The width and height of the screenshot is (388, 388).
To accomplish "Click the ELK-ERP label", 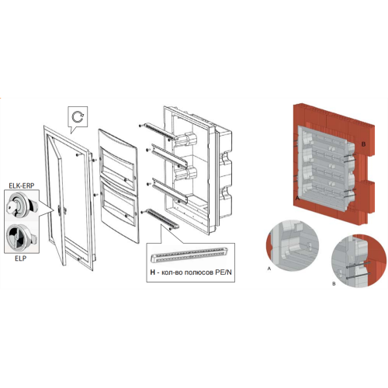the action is click(22, 185).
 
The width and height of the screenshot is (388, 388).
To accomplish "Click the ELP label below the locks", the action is click(21, 258).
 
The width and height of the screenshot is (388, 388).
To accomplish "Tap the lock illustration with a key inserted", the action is click(22, 206).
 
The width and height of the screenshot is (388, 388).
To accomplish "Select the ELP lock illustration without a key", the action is click(22, 236).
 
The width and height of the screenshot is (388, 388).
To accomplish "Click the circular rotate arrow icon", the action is click(78, 117).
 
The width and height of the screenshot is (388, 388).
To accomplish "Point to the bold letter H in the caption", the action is click(152, 272).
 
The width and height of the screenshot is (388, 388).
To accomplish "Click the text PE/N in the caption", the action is click(223, 272).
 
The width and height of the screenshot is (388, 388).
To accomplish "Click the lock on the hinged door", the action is click(60, 210).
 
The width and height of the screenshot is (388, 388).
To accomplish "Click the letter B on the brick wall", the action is click(363, 144).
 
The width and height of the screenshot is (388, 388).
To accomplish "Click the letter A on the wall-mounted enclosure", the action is click(297, 198).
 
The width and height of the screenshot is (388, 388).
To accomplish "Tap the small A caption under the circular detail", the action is click(269, 268).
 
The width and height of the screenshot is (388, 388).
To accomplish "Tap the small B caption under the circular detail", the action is click(334, 284).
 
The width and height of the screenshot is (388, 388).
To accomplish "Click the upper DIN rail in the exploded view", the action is click(170, 156).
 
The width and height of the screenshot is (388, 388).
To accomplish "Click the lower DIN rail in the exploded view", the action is click(170, 190).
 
